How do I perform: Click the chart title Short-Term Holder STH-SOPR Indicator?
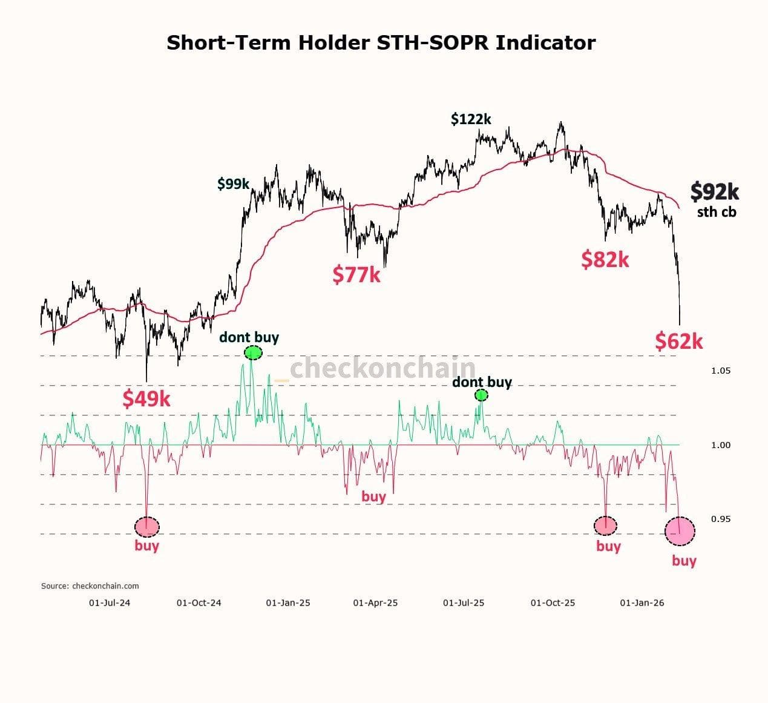pos(381,43)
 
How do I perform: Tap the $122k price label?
pos(471,119)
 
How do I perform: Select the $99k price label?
pos(234,183)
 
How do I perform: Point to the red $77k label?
pos(356,274)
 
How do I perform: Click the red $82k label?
pos(605,259)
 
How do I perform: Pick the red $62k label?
pos(678,341)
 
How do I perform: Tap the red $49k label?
pos(146,398)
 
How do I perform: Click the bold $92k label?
pos(714,191)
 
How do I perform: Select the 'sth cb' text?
pos(717,212)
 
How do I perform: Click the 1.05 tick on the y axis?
pos(720,371)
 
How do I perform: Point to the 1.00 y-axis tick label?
pos(720,445)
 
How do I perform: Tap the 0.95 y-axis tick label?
pos(720,519)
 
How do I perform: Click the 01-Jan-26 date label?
pos(643,603)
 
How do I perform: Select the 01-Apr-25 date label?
pos(375,603)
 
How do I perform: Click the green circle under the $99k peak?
pos(253,352)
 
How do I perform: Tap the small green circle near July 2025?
pos(481,395)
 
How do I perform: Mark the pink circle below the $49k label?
pos(146,526)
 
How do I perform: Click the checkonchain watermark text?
pos(382,368)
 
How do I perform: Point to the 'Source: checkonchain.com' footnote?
pos(90,586)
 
